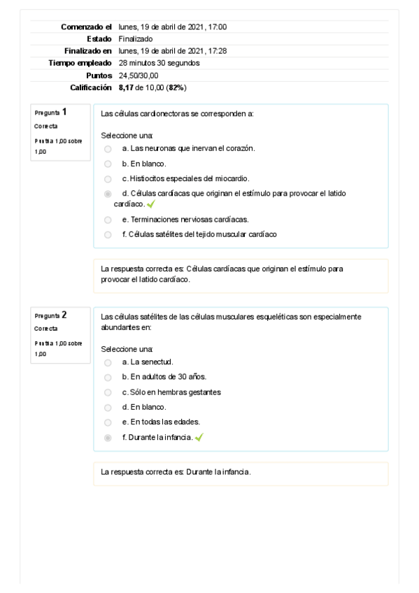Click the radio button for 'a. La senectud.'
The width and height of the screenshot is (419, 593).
point(108,362)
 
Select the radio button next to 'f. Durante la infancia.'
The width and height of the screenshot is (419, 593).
point(108,438)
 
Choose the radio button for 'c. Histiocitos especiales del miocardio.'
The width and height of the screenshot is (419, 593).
point(108,178)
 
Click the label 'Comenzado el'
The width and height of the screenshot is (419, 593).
point(86,27)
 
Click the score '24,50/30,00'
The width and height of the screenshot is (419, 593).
point(139,75)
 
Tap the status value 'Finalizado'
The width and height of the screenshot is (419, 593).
point(136,38)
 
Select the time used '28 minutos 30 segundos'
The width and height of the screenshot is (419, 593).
point(159,63)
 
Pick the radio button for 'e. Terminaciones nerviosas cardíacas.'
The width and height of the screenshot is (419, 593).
point(108,219)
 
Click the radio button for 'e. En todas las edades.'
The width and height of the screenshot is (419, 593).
point(108,422)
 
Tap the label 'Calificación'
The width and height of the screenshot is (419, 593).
point(91,87)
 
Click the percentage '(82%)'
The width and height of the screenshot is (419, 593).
point(176,87)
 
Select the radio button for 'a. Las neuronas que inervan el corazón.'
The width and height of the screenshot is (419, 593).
point(108,148)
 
